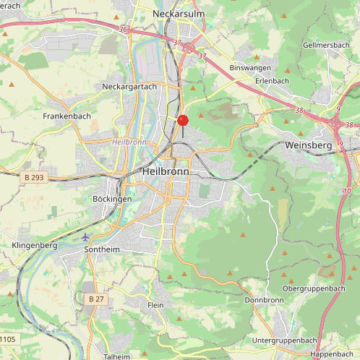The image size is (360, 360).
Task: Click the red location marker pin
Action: pyautogui.click(x=183, y=121)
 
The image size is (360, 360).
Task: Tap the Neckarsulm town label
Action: pyautogui.click(x=180, y=13)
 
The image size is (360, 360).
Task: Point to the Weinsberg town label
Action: pyautogui.click(x=309, y=145)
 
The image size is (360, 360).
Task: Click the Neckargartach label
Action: pyautogui.click(x=129, y=86)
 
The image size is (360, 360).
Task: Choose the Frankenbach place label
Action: pyautogui.click(x=67, y=116)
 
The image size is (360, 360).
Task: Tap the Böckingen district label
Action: pyautogui.click(x=112, y=199)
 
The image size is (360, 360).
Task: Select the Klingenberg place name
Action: pyautogui.click(x=34, y=246)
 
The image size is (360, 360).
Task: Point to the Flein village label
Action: pyautogui.click(x=155, y=306)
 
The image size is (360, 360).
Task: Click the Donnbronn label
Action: pyautogui.click(x=264, y=300)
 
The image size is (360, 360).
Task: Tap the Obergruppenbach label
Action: pyautogui.click(x=314, y=288)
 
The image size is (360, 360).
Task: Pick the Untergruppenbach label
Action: pyautogui.click(x=284, y=340)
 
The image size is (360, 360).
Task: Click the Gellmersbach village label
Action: pyautogui.click(x=326, y=45)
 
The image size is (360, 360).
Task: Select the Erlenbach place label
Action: pyautogui.click(x=273, y=81)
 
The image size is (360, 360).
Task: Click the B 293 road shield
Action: pyautogui.click(x=35, y=177)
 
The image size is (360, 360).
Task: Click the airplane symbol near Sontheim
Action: pyautogui.click(x=86, y=236)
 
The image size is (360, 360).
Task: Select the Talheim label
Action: pyautogui.click(x=117, y=356)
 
